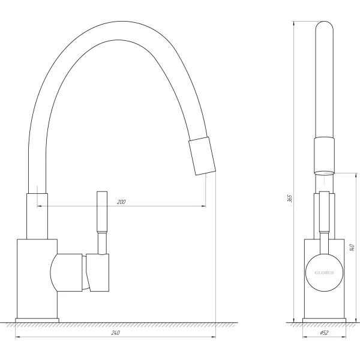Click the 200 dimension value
122,202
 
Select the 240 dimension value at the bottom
116,332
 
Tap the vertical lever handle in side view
101,213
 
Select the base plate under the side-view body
36,318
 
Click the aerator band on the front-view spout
323,154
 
